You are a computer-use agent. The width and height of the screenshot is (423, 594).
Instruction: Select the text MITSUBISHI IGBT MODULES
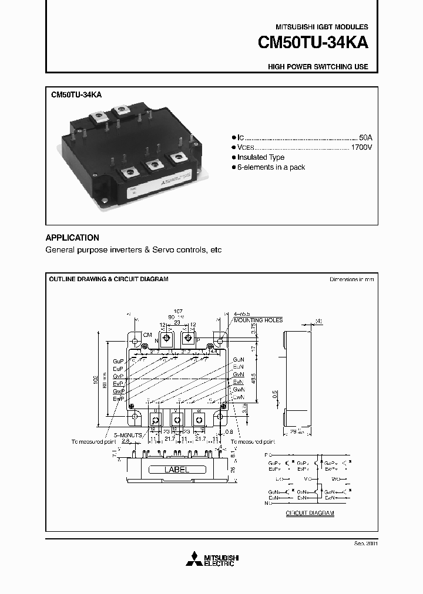(x=322, y=27)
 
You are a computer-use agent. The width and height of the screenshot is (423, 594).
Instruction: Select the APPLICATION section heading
(x=72, y=238)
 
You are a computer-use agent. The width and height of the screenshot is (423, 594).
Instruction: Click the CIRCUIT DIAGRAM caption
(x=310, y=513)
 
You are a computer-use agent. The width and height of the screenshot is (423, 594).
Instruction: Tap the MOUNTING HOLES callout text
(x=258, y=320)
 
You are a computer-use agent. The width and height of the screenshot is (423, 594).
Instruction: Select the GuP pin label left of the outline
(x=118, y=360)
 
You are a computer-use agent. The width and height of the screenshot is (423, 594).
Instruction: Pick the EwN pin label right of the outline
(x=238, y=397)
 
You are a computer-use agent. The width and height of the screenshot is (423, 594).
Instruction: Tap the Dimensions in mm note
(x=351, y=279)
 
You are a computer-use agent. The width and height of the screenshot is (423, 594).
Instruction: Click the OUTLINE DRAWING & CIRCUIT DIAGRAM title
(x=109, y=279)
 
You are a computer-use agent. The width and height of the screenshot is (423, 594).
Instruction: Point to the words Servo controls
(x=174, y=250)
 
